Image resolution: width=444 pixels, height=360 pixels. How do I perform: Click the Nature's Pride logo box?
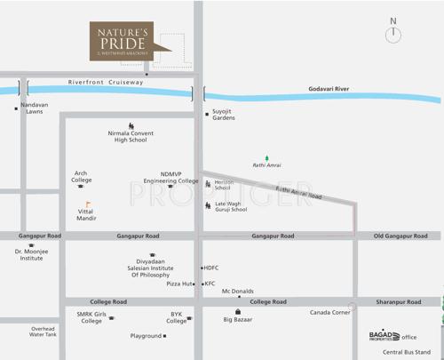pyautogui.click(x=121, y=42)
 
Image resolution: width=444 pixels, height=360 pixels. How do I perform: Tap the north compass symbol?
pyautogui.click(x=393, y=34)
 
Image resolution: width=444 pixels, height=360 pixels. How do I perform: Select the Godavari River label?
pyautogui.click(x=329, y=89)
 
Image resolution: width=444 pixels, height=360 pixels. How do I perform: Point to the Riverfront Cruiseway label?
pyautogui.click(x=106, y=82)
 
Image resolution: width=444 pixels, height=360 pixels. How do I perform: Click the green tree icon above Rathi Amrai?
pyautogui.click(x=266, y=158)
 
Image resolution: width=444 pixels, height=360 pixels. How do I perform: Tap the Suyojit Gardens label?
pyautogui.click(x=224, y=115)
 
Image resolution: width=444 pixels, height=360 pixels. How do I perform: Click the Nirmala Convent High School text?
pyautogui.click(x=131, y=137)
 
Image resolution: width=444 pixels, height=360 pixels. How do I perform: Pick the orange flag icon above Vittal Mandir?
pyautogui.click(x=88, y=204)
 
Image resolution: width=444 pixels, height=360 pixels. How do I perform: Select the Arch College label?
pyautogui.click(x=81, y=177)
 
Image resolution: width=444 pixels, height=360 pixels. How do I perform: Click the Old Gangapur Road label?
pyautogui.click(x=400, y=236)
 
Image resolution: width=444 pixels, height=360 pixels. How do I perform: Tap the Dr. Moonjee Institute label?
pyautogui.click(x=31, y=255)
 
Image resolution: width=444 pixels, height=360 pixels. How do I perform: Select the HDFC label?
pyautogui.click(x=211, y=268)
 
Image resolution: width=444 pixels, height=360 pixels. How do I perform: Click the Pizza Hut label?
pyautogui.click(x=180, y=284)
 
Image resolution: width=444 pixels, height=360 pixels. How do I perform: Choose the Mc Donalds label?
pyautogui.click(x=237, y=292)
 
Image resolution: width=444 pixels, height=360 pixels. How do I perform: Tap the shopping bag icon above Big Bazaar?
pyautogui.click(x=237, y=311)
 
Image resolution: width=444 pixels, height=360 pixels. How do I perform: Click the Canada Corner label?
pyautogui.click(x=329, y=313)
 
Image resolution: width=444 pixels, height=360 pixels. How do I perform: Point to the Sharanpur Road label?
pyautogui.click(x=400, y=302)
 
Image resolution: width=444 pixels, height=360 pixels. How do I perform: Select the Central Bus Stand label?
pyautogui.click(x=407, y=352)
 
